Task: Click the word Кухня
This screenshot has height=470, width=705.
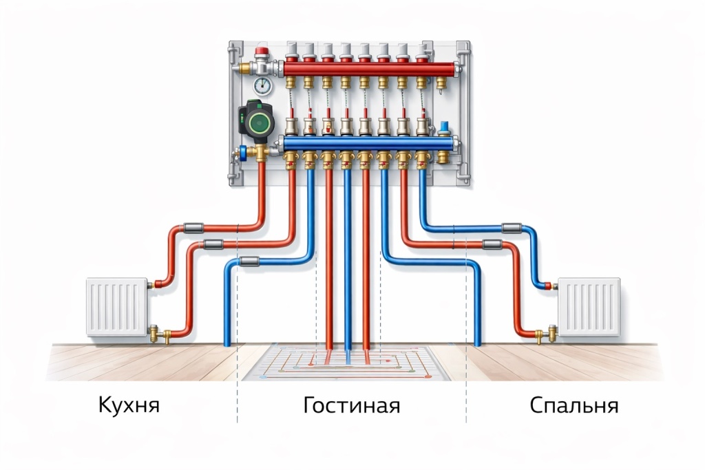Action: pyautogui.click(x=129, y=405)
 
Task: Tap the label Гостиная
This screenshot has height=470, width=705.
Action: pyautogui.click(x=352, y=405)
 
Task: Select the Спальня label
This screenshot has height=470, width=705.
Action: pyautogui.click(x=574, y=405)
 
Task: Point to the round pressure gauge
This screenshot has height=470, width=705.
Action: pyautogui.click(x=262, y=86)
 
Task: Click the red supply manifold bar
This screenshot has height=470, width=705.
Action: pyautogui.click(x=370, y=69)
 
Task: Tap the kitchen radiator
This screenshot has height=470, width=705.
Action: pyautogui.click(x=117, y=307)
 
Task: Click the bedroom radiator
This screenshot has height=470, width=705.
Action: pyautogui.click(x=589, y=307)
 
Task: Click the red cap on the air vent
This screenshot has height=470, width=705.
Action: pyautogui.click(x=262, y=51)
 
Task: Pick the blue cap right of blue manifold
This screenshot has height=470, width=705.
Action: pyautogui.click(x=444, y=125)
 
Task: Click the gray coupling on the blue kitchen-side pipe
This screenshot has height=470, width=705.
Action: pyautogui.click(x=249, y=261)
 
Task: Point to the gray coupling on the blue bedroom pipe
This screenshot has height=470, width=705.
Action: pyautogui.click(x=512, y=228)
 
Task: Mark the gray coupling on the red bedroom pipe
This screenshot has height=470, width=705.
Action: pyautogui.click(x=492, y=244)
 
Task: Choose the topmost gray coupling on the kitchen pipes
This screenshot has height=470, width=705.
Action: pyautogui.click(x=193, y=228)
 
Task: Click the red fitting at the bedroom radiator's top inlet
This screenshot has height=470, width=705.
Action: pyautogui.click(x=548, y=286)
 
